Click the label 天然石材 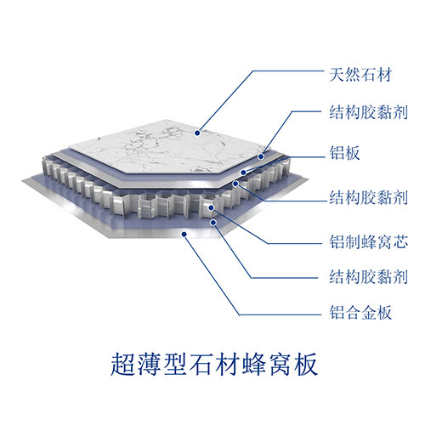click(x=360, y=75)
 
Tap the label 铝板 click(x=344, y=153)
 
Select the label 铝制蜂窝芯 click(x=369, y=242)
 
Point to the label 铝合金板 click(x=360, y=313)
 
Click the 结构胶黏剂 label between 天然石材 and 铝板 click(x=369, y=112)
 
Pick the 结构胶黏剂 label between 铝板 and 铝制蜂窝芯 click(x=369, y=197)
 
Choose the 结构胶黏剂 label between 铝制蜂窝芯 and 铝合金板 click(x=369, y=276)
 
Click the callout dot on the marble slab click(x=197, y=133)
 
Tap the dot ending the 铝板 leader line click(x=243, y=173)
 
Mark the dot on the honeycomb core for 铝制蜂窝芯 click(x=211, y=208)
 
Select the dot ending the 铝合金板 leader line click(x=184, y=234)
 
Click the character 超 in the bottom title click(x=122, y=364)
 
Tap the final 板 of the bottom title click(x=305, y=364)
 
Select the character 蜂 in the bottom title click(x=253, y=364)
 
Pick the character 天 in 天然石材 click(x=337, y=75)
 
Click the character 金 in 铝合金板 click(x=368, y=313)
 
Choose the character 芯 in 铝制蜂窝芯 click(x=400, y=242)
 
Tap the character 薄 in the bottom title click(x=149, y=364)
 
